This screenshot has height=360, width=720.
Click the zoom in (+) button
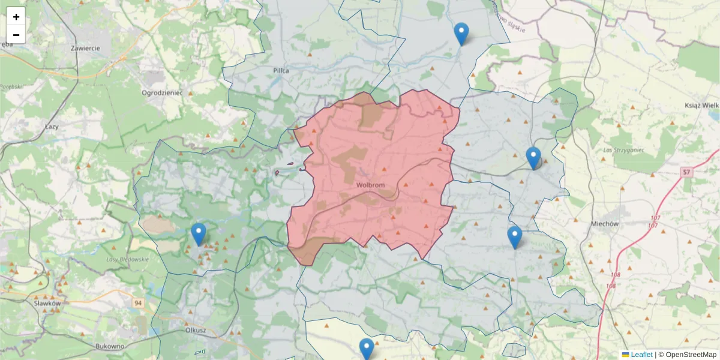coord(16,17)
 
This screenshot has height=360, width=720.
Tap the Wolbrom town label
coord(370,185)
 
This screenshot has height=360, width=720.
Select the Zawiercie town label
coord(85,48)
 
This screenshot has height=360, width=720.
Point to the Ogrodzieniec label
coord(161,93)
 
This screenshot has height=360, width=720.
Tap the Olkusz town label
coord(196,330)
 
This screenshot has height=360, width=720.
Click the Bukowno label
coord(110,347)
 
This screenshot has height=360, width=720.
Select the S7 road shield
coord(686,173)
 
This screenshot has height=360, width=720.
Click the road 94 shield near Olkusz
coord(139,303)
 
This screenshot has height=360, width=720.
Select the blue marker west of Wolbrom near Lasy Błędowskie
coord(199,234)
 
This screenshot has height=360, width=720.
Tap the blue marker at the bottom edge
coord(367,349)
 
